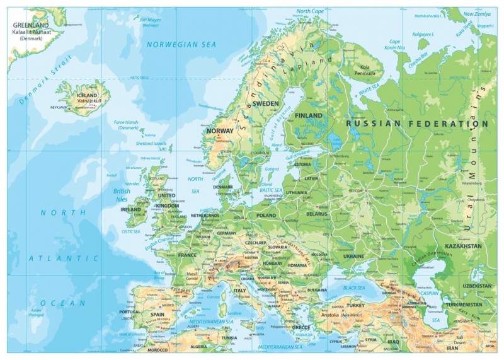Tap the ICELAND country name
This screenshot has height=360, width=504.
click(86, 95)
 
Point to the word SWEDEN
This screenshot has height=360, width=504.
click(265, 103)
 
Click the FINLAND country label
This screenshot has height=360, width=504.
click(309, 115)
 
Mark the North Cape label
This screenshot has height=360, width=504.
click(310, 11)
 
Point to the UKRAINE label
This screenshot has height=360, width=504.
click(353, 257)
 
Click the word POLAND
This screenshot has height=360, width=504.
click(266, 214)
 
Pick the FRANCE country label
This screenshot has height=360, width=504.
click(187, 255)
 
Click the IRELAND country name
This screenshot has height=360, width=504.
click(130, 209)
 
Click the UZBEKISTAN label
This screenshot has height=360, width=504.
click(476, 286)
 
